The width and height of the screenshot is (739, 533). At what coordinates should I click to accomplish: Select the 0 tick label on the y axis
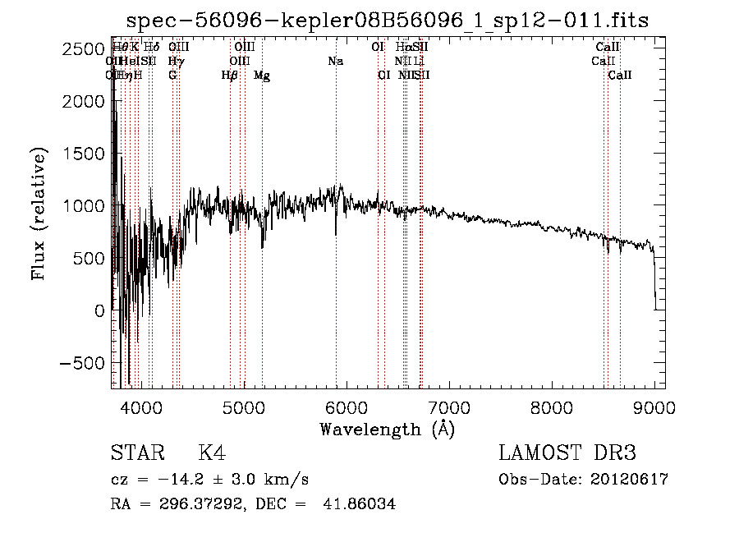click(x=99, y=310)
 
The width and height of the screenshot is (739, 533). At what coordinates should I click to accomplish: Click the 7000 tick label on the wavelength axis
click(x=448, y=407)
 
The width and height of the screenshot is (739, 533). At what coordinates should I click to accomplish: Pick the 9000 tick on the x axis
click(x=654, y=407)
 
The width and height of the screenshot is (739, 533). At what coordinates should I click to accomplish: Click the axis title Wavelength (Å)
click(x=387, y=429)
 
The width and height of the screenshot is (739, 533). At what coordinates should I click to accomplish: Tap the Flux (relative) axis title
click(x=39, y=213)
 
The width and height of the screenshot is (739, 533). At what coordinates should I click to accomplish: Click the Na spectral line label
click(x=336, y=62)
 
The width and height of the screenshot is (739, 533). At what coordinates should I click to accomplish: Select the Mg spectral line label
click(x=262, y=76)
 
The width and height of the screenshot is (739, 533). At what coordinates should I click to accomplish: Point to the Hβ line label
click(x=230, y=76)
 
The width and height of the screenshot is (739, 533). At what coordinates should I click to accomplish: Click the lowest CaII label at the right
click(x=620, y=76)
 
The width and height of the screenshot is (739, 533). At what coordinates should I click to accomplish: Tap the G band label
click(x=172, y=76)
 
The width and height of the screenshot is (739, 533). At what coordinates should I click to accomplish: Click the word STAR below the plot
click(x=135, y=454)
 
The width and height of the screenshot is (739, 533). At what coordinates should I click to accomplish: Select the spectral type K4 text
click(x=212, y=454)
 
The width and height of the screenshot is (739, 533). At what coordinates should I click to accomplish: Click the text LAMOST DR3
click(x=567, y=453)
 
